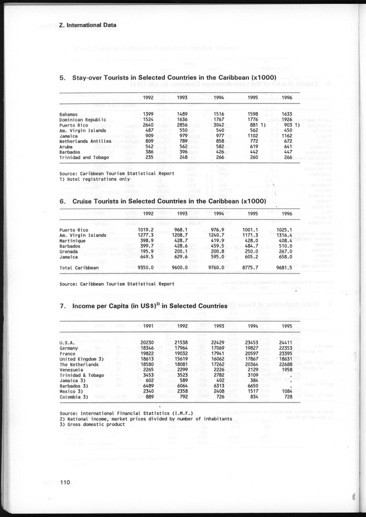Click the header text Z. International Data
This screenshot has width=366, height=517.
[88, 25]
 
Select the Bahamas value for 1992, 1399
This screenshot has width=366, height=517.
[147, 114]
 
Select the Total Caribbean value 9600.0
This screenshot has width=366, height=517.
[190, 268]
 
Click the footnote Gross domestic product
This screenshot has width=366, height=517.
[92, 424]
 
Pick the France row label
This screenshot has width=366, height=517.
[67, 353]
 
